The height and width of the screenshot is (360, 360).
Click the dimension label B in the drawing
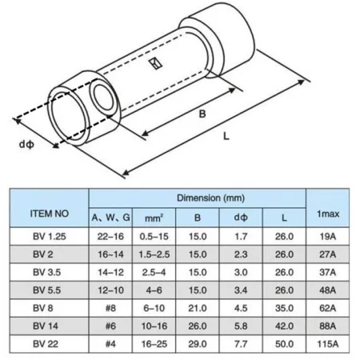pyautogui.click(x=202, y=114)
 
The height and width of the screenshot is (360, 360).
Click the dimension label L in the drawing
pyautogui.click(x=226, y=138)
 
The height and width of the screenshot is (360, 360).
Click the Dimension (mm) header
pyautogui.click(x=197, y=196)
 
